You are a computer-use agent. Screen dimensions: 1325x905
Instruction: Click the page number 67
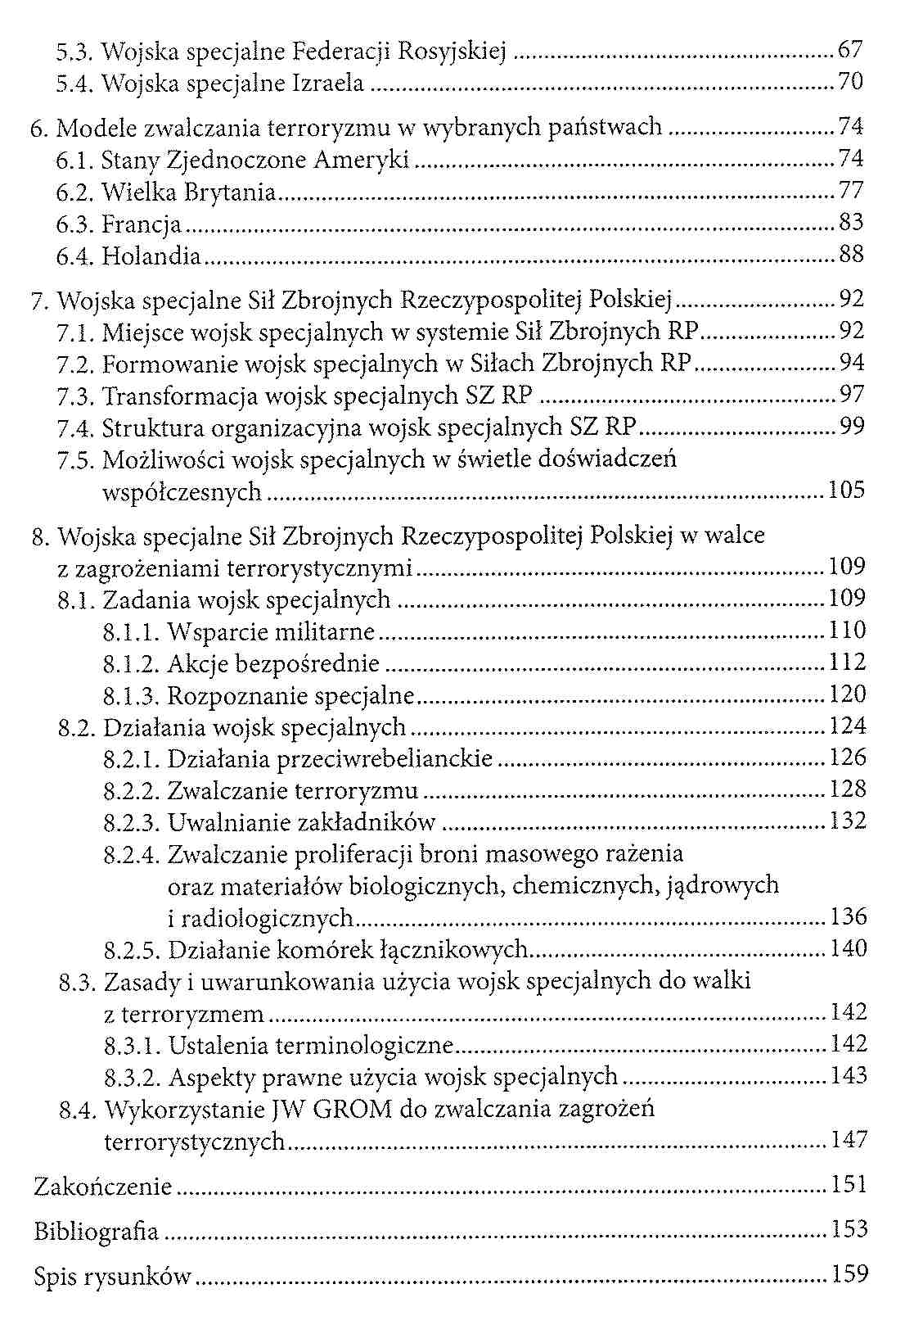coord(850,50)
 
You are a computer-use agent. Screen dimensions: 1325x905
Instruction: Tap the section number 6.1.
coord(75,160)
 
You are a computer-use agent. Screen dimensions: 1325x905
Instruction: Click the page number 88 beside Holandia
coord(851,255)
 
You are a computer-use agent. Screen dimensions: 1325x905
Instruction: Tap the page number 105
coord(847,491)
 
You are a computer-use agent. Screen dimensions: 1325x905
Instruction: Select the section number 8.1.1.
coord(131,632)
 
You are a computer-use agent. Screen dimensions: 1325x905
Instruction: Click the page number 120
coord(848,695)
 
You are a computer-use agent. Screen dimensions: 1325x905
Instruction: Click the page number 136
coord(849,917)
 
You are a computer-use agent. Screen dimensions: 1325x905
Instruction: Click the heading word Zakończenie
coord(103,1187)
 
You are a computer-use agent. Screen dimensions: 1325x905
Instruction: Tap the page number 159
coord(849,1275)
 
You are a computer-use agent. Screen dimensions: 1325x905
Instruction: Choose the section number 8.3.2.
coord(133,1077)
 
